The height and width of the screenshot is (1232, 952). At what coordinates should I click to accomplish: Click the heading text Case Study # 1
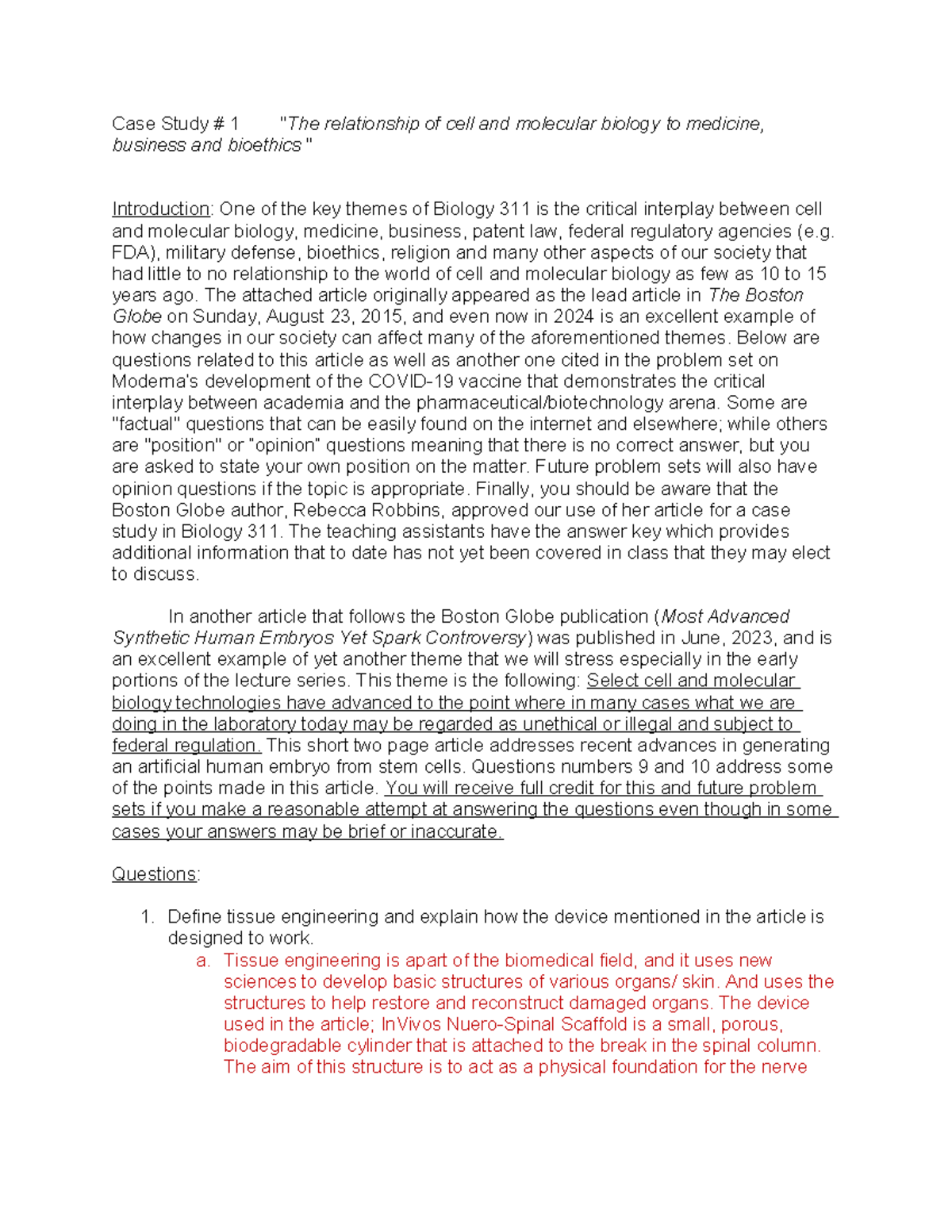pos(175,124)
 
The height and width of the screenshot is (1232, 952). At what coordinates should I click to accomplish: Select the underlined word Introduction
pos(160,209)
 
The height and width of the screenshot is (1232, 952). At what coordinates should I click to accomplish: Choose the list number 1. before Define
pos(147,917)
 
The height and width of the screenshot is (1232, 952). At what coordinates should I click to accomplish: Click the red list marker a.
pos(203,961)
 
